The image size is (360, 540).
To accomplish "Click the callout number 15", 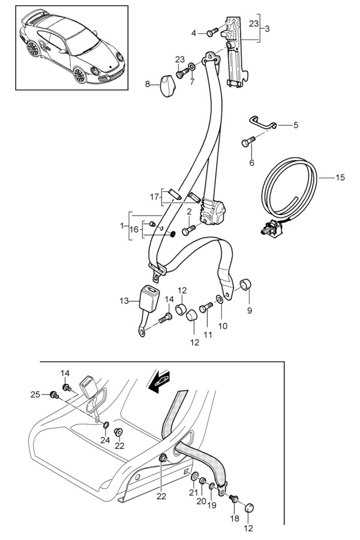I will click(x=340, y=178).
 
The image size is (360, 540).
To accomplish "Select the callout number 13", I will click(x=124, y=301).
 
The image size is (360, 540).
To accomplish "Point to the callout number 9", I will click(x=250, y=310).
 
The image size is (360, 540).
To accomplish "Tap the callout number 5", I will click(x=296, y=125).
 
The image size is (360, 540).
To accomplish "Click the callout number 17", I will click(x=154, y=196).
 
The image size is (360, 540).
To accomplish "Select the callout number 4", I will click(x=193, y=32).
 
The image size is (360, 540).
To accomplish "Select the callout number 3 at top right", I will click(x=267, y=28).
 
